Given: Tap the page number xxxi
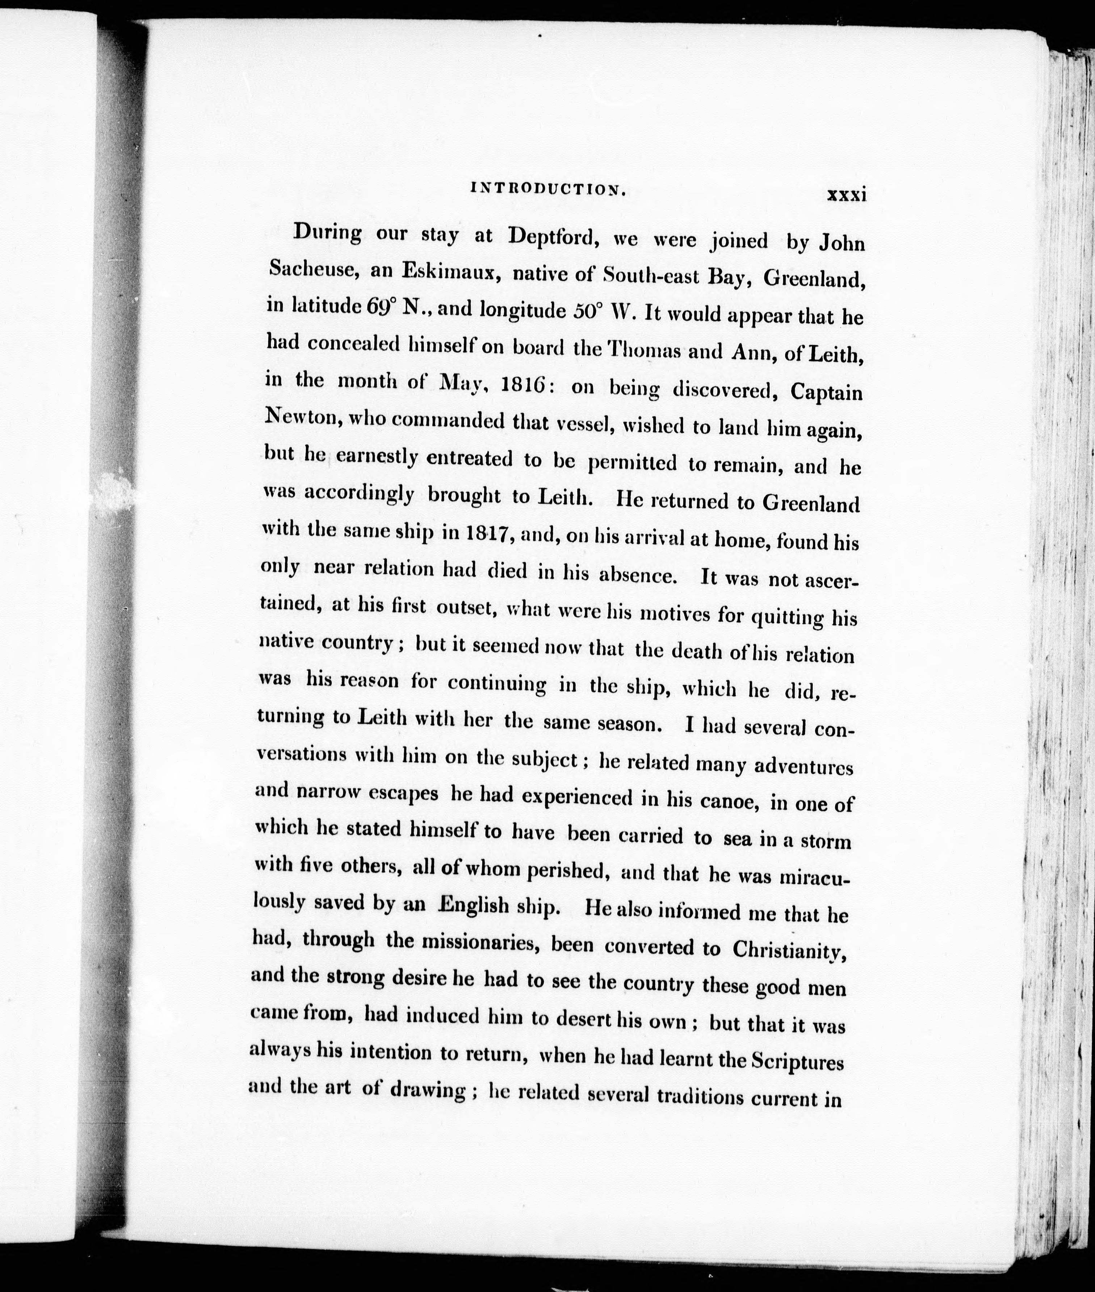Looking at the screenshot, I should [846, 194].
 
